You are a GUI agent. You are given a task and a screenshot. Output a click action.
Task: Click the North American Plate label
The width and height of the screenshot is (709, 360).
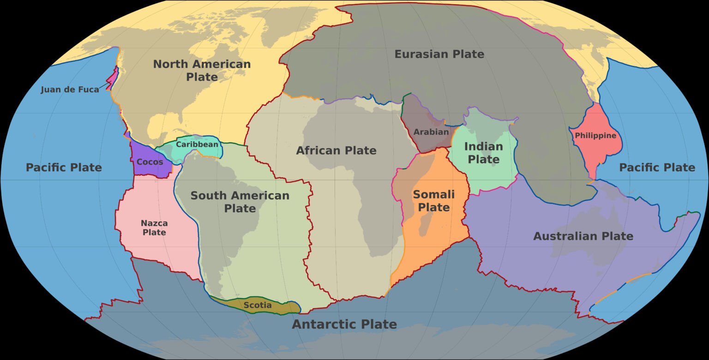coord(202,70)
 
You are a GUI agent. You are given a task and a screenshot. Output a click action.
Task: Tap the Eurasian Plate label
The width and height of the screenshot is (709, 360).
coord(439,54)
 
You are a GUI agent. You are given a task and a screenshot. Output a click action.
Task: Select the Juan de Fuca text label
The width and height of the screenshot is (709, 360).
coord(70,90)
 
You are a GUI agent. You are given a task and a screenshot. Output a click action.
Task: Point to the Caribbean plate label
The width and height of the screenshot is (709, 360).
coord(197,144)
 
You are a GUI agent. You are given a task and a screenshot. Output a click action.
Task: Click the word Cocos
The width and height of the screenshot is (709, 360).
coord(150,162)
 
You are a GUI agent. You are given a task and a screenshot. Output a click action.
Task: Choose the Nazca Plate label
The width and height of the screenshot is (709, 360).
coord(154,228)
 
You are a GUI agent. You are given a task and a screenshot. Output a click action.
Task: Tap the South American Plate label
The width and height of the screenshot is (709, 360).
coord(240,202)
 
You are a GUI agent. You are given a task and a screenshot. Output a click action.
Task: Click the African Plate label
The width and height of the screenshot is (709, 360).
coord(336,150)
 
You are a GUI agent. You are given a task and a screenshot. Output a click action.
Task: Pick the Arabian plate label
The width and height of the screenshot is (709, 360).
coord(431,132)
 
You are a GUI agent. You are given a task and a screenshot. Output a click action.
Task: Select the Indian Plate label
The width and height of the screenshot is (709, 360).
coord(483,153)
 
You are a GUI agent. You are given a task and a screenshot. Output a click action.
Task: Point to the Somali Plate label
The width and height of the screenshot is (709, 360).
coord(433,201)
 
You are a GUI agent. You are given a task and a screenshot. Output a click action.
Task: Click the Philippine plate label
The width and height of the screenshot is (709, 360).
coord(595,136)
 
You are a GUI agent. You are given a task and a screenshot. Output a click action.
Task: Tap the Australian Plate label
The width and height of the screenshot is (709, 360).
coord(583,236)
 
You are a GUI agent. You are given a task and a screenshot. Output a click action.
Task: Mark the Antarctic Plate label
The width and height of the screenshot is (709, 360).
coord(344,324)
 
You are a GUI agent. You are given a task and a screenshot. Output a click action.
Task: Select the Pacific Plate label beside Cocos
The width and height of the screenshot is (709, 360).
coord(64,167)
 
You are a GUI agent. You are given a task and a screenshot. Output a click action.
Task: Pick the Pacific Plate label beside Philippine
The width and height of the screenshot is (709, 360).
coord(657,167)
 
